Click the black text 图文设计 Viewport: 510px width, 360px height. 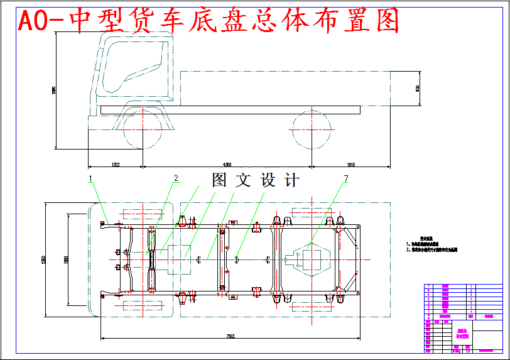256,180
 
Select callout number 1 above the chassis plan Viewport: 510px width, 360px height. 90,178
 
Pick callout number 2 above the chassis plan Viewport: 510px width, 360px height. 176,178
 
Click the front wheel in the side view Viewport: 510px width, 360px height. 144,129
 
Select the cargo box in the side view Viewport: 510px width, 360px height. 286,88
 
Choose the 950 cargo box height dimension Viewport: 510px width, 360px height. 417,89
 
